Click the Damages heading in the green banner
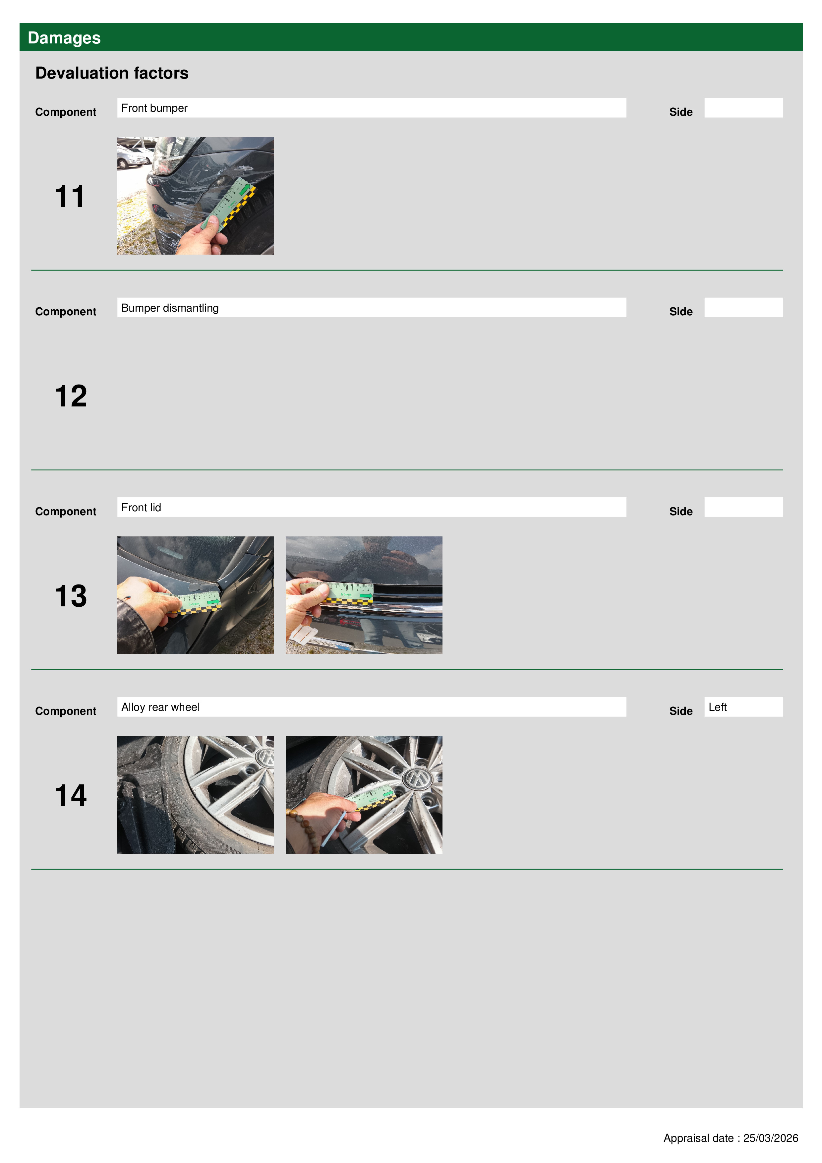point(64,37)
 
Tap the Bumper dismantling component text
point(170,308)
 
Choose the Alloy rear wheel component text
point(160,707)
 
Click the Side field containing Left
point(743,706)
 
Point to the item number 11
point(70,197)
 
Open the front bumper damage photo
point(196,196)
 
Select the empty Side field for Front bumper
point(743,108)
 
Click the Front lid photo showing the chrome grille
point(364,595)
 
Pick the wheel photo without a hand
point(196,795)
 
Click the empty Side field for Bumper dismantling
point(743,307)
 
